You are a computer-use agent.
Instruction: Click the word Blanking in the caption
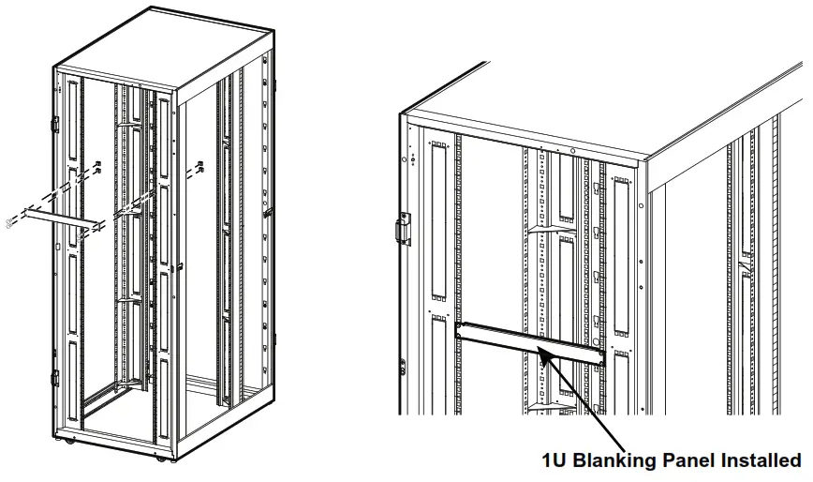(x=618, y=460)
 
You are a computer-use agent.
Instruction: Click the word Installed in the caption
(x=757, y=460)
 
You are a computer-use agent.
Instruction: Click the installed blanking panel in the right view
(x=530, y=343)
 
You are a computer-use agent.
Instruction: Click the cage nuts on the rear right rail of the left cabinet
(x=200, y=169)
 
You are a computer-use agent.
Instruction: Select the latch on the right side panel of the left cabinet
(x=267, y=213)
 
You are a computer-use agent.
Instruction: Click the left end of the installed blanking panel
(x=459, y=330)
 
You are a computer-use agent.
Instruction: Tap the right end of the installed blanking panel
(x=602, y=355)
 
